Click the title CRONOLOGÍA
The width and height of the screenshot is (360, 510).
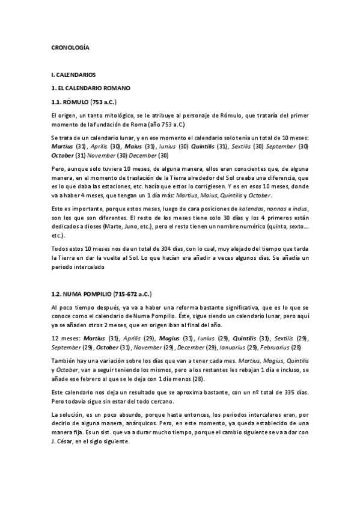point(71,46)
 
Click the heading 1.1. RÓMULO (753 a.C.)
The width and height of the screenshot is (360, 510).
point(84,102)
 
